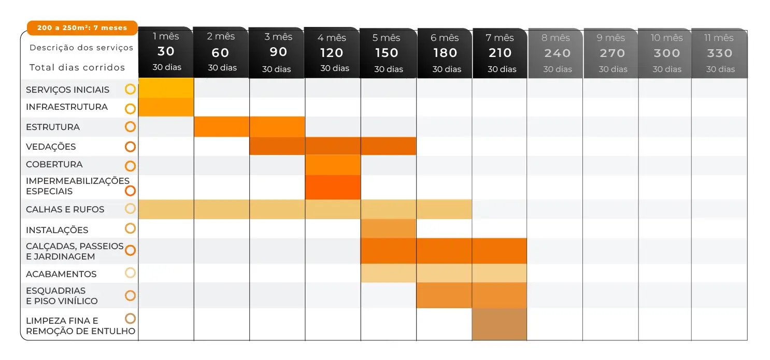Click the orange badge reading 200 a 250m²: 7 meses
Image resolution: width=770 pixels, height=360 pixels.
pyautogui.click(x=82, y=28)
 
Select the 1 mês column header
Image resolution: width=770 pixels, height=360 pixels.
pyautogui.click(x=166, y=52)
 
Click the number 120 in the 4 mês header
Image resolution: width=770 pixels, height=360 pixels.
pyautogui.click(x=332, y=53)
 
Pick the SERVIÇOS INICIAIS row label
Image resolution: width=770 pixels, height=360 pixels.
pyautogui.click(x=68, y=90)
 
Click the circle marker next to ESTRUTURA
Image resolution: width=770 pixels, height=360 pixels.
pyautogui.click(x=130, y=126)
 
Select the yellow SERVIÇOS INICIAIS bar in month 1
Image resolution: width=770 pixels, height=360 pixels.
pyautogui.click(x=166, y=89)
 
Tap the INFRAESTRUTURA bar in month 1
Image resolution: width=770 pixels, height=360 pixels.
pyautogui.click(x=166, y=107)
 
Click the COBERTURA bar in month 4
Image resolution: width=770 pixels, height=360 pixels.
pyautogui.click(x=333, y=165)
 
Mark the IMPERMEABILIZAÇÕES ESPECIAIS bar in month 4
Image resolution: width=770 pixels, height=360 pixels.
pyautogui.click(x=333, y=188)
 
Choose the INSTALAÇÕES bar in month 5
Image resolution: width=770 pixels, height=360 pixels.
pyautogui.click(x=388, y=228)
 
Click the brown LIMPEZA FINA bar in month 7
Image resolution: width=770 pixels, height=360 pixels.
pyautogui.click(x=500, y=324)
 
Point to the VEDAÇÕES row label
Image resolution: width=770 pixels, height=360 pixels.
pyautogui.click(x=51, y=147)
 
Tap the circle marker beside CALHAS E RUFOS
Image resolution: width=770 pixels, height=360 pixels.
pyautogui.click(x=130, y=209)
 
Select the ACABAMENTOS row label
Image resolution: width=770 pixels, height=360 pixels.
pyautogui.click(x=61, y=274)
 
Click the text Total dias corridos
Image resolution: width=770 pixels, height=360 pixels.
pyautogui.click(x=77, y=67)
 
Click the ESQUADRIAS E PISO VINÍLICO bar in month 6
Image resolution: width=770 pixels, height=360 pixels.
pyautogui.click(x=444, y=295)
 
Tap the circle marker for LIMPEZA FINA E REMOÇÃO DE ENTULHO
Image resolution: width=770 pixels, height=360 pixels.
pyautogui.click(x=130, y=319)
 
